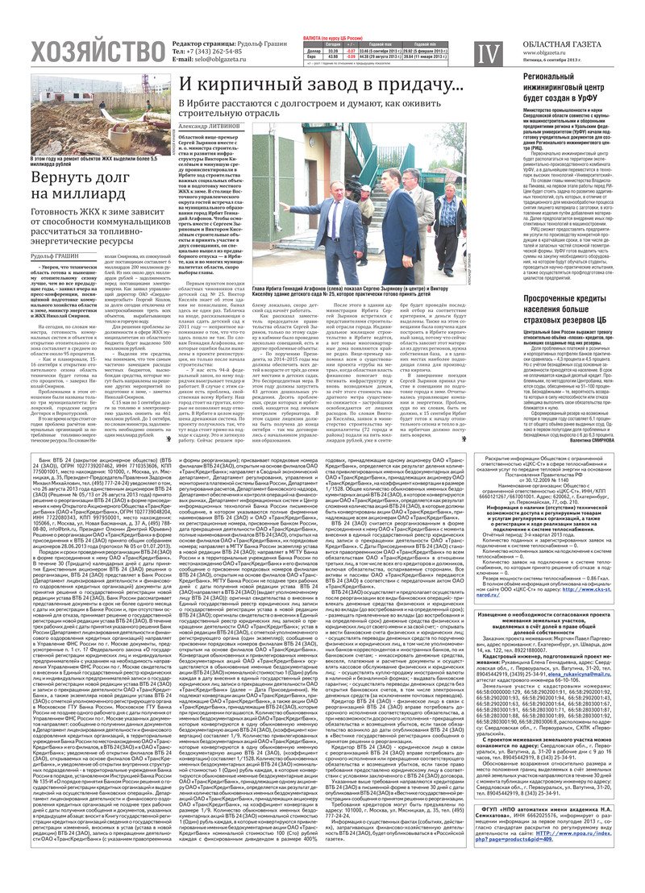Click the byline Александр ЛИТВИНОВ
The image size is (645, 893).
point(212,127)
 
